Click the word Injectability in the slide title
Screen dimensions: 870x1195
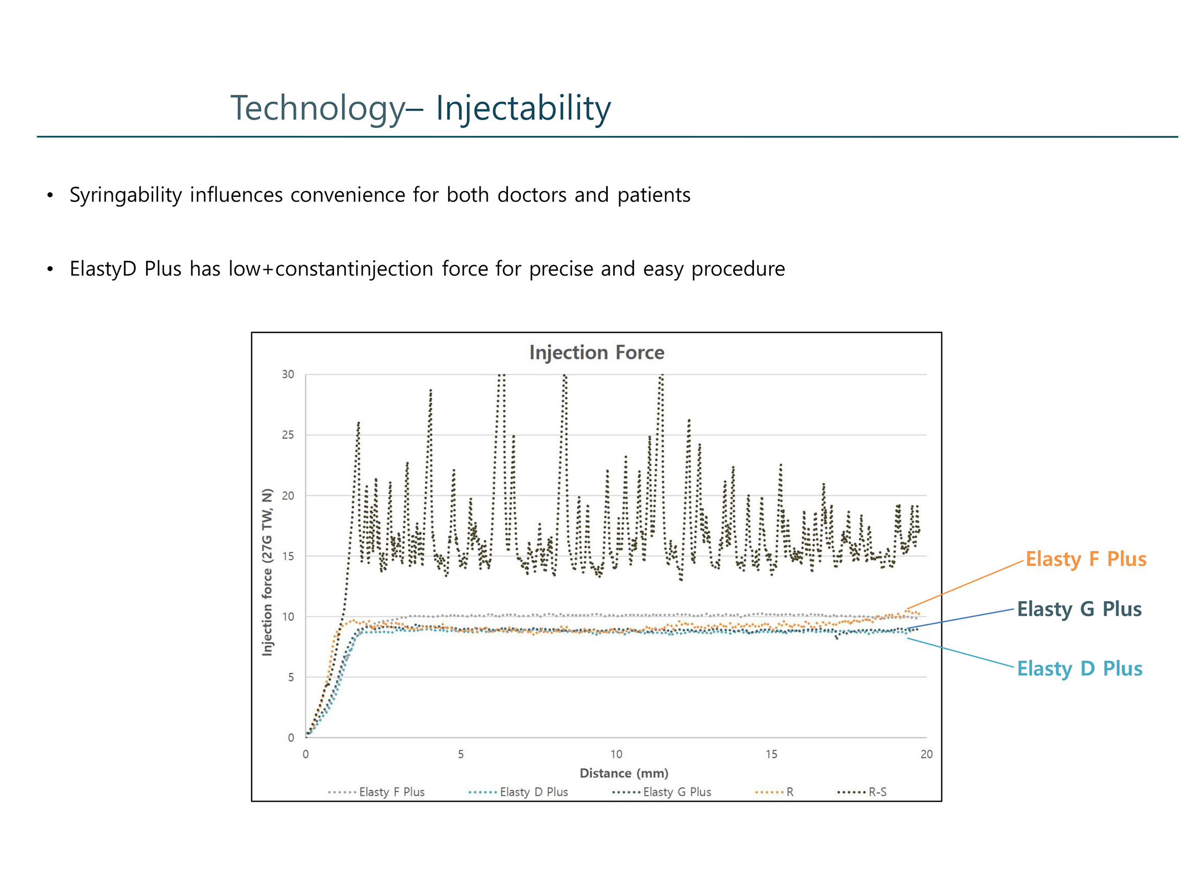pos(523,108)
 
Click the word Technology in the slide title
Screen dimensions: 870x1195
pos(318,108)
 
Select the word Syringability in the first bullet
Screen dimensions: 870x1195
pos(125,195)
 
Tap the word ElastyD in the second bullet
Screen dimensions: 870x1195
pos(103,269)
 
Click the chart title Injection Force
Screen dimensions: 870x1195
pos(596,352)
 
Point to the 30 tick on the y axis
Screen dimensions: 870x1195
pos(288,374)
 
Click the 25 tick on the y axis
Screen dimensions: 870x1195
pos(288,435)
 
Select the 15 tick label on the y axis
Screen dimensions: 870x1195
pos(288,556)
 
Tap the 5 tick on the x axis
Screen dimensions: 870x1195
pos(461,754)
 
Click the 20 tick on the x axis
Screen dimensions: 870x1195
pos(926,754)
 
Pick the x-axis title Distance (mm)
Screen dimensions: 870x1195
pos(624,773)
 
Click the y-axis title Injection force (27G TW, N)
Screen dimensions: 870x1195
pos(267,572)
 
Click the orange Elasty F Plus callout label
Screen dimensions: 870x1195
pos(1085,559)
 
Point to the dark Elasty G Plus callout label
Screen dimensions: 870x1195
pos(1079,609)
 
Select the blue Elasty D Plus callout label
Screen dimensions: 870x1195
pos(1079,669)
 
